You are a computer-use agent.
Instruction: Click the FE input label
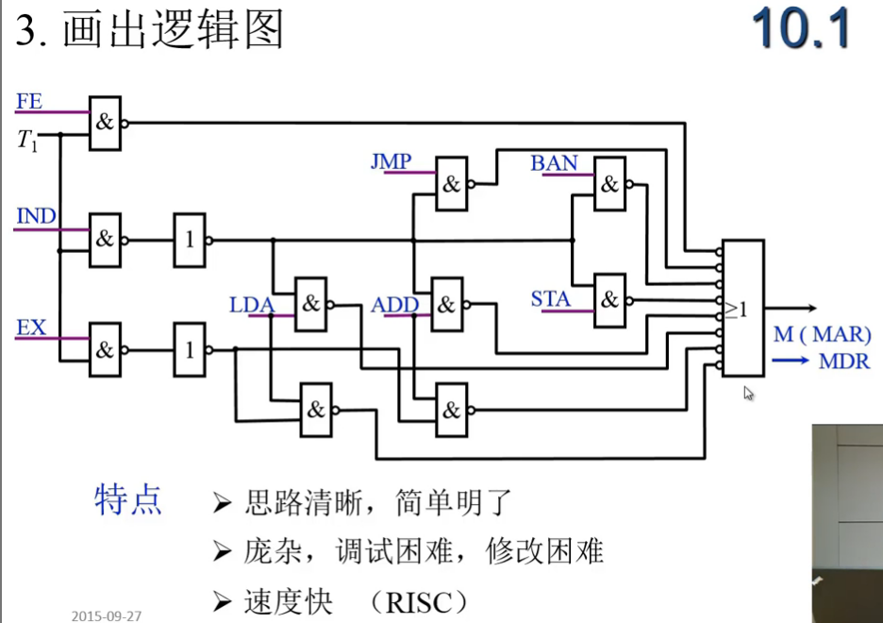29,102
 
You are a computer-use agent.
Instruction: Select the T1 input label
28,141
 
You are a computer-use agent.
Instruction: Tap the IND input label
37,216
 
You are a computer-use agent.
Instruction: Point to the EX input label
31,328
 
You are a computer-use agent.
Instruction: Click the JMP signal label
391,162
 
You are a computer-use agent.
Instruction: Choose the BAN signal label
554,163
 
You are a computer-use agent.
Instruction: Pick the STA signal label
550,299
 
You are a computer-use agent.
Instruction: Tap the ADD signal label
394,305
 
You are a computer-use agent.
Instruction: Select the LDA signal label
251,305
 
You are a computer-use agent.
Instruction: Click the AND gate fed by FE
105,123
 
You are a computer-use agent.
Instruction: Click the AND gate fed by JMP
451,184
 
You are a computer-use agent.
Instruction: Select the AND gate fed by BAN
609,184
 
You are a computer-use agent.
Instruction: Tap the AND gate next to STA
609,300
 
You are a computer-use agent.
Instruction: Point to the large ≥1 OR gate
741,308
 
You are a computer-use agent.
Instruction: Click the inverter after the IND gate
189,240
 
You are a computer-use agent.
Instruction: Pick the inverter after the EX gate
189,350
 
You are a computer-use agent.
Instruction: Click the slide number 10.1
801,30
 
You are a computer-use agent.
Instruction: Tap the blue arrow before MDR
791,359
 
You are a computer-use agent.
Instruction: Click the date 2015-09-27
107,615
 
